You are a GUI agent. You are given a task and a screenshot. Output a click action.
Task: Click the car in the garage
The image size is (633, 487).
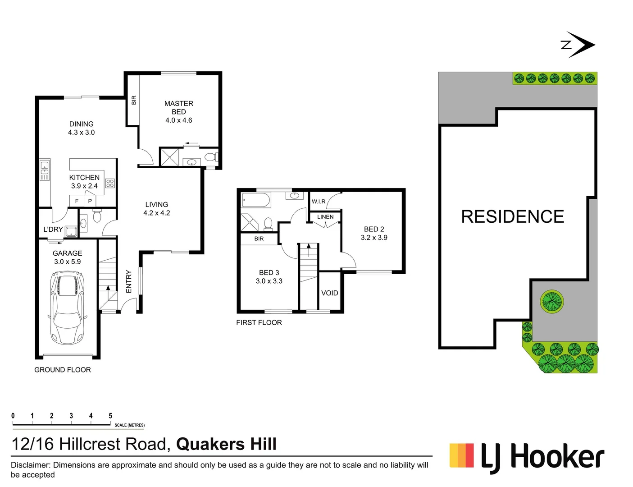[x=67, y=308]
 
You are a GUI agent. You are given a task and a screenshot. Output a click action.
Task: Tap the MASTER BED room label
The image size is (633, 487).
[x=178, y=111]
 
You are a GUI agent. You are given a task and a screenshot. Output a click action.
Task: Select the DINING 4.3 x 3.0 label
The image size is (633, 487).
[x=82, y=128]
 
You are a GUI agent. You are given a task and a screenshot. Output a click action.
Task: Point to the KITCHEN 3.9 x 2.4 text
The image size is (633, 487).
[x=84, y=181]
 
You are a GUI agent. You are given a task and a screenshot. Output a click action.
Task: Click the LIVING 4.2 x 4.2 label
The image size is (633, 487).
[x=156, y=208]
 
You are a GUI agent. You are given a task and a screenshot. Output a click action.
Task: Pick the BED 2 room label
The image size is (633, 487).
[x=374, y=233]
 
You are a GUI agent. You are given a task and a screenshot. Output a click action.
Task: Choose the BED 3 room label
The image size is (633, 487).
[x=269, y=276]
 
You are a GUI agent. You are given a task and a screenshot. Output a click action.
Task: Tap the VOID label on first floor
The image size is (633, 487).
[x=329, y=293]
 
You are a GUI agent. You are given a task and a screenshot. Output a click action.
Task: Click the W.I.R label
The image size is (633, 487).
[x=319, y=202]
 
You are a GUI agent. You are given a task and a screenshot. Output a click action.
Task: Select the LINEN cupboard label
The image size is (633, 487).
[x=325, y=217]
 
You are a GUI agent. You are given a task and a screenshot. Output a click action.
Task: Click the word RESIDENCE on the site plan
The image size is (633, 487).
[x=512, y=217]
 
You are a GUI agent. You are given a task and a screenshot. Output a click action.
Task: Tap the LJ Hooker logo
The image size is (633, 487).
[x=527, y=457]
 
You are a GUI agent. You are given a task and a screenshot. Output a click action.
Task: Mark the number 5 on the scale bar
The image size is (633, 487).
[x=110, y=416]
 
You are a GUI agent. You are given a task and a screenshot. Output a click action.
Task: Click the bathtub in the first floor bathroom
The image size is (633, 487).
[x=256, y=200]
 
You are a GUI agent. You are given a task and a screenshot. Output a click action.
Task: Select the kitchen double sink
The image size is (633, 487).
[x=45, y=170]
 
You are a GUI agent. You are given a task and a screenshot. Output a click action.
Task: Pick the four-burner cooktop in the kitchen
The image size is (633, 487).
[x=110, y=183]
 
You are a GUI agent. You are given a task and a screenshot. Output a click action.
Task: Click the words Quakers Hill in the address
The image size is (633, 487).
[x=226, y=444]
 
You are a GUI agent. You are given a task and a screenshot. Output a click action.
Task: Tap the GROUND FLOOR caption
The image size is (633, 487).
[x=63, y=370]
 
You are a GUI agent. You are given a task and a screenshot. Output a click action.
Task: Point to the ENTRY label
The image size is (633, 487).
[x=129, y=281]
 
